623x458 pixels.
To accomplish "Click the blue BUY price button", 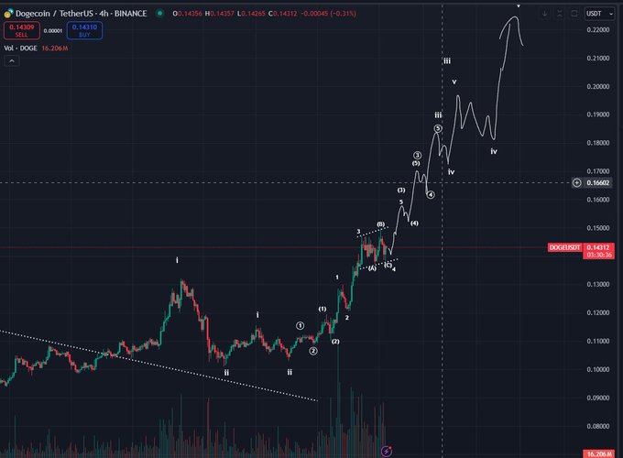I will tap(83, 29).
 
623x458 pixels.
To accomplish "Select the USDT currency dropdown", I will tap(600, 14).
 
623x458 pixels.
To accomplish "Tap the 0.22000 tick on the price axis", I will tap(600, 30).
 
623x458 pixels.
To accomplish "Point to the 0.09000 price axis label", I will tap(600, 398).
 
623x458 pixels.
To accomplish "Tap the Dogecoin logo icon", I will tap(8, 14).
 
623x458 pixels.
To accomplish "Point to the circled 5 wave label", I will tap(439, 129).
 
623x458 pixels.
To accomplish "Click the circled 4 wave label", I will tap(431, 194).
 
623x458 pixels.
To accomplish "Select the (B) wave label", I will tap(380, 224).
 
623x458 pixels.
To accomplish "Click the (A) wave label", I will tap(372, 268).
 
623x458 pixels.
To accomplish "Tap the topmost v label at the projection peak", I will tap(519, 5).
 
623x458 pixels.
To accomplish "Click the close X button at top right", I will tap(573, 14).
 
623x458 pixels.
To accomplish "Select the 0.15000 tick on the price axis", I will tap(600, 228).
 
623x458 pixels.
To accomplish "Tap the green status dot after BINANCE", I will tap(161, 14).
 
